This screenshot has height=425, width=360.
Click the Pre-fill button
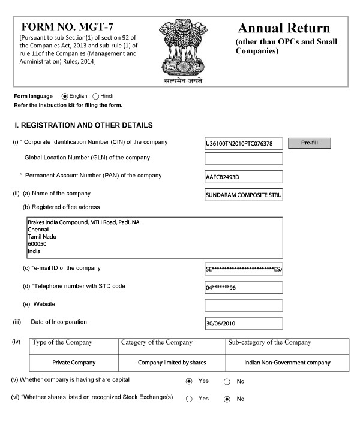point(310,143)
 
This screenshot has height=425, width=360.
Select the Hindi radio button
point(96,96)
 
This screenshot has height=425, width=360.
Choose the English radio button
point(65,96)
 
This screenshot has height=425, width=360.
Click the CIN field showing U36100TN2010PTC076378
point(244,144)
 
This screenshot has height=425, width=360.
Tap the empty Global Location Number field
point(244,159)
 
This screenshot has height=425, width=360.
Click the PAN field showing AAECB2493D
point(244,177)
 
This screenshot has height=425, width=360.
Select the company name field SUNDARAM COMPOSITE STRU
point(244,195)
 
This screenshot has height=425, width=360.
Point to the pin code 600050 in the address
point(37,244)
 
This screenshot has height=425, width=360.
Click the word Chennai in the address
point(38,229)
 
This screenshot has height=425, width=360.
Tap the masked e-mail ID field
point(244,269)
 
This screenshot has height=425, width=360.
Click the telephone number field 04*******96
point(244,287)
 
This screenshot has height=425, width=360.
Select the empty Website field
point(244,305)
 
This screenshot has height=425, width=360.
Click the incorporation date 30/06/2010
point(244,323)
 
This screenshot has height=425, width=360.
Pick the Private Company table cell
point(74,363)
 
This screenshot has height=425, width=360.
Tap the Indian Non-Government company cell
point(287,363)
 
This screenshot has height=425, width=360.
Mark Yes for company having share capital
point(189,381)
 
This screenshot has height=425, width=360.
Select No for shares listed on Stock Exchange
point(227,399)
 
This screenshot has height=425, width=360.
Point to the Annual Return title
point(284,28)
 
